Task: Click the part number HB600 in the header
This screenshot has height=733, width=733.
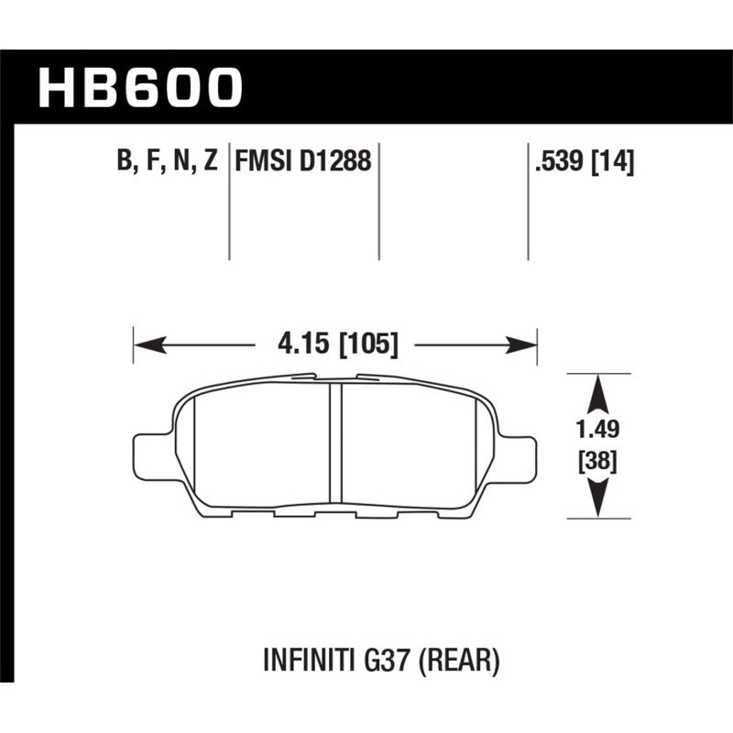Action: [x=141, y=88]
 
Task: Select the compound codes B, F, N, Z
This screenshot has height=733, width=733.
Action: [x=167, y=162]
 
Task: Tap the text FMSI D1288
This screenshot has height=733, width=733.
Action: [x=303, y=162]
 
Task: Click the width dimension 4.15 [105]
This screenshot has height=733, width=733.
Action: [x=334, y=345]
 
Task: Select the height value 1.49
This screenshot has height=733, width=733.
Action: [x=598, y=428]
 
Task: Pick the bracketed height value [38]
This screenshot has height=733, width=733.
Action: [x=598, y=462]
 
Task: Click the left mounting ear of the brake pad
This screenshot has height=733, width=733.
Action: [x=150, y=455]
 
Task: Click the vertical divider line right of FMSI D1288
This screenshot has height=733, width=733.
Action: [x=379, y=202]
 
